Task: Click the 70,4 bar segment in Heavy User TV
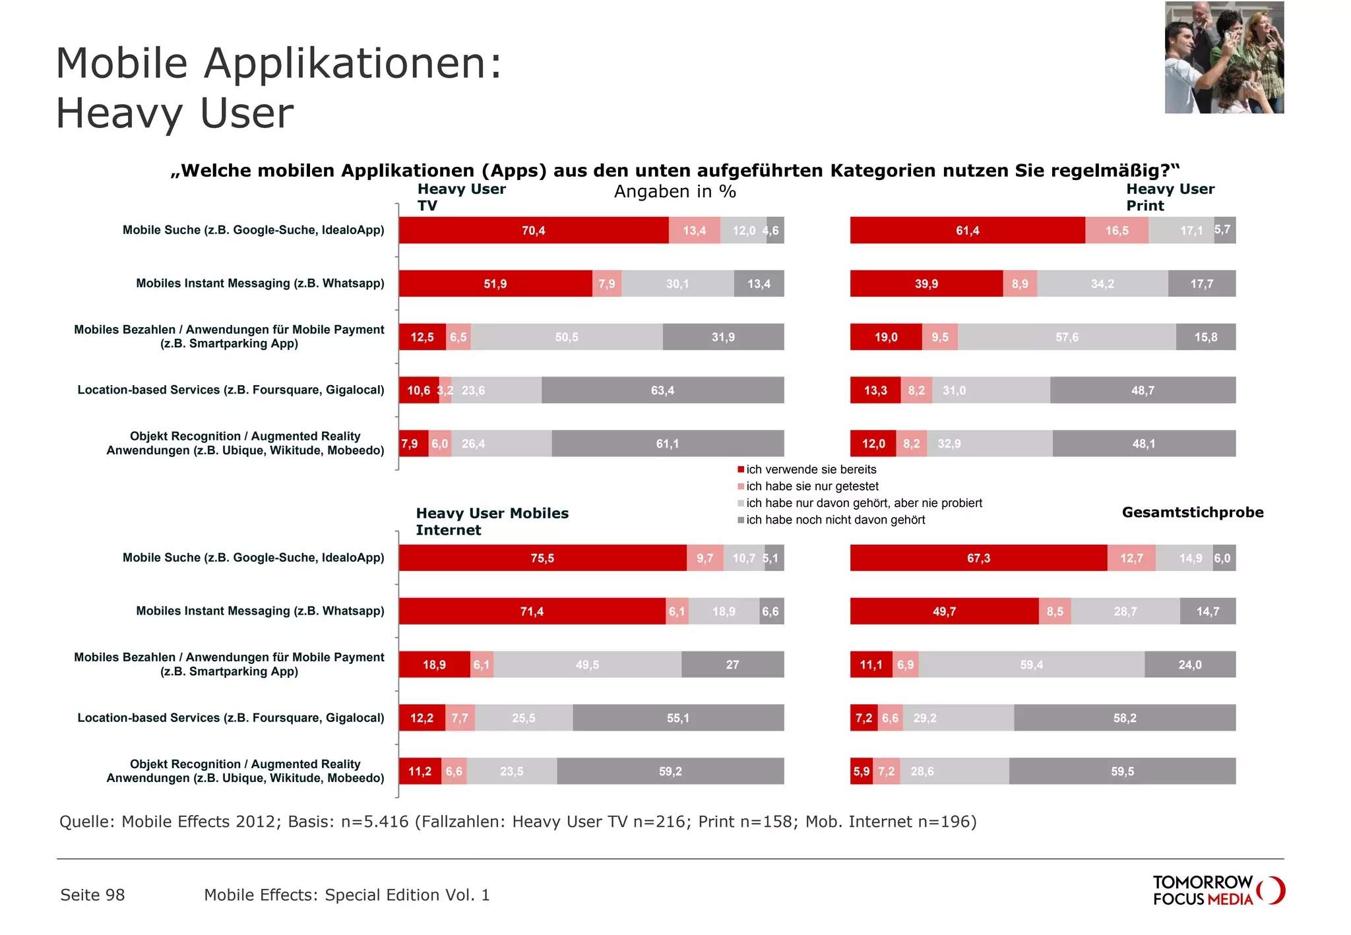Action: pos(533,230)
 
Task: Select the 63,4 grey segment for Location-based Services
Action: pos(662,390)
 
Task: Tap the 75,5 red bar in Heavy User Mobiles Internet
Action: pos(542,558)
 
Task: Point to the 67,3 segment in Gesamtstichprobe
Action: pos(978,558)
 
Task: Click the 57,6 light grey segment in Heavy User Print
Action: pos(1067,337)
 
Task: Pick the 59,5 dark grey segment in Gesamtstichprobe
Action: pos(1122,771)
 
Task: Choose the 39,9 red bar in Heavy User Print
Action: pos(926,284)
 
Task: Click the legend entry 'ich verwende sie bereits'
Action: pos(811,469)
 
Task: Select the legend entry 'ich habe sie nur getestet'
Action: pos(812,486)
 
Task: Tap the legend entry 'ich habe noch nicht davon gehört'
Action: pos(835,520)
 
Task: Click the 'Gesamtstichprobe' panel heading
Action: pos(1192,512)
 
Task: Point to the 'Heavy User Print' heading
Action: pos(1170,197)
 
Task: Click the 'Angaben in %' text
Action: pos(675,192)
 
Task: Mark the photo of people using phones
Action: pos(1224,57)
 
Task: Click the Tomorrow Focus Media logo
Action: pos(1218,890)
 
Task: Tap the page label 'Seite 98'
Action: pos(92,895)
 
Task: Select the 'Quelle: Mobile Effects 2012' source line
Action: pos(517,822)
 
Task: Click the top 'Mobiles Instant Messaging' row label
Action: pos(260,284)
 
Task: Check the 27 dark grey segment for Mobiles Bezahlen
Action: pos(732,665)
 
